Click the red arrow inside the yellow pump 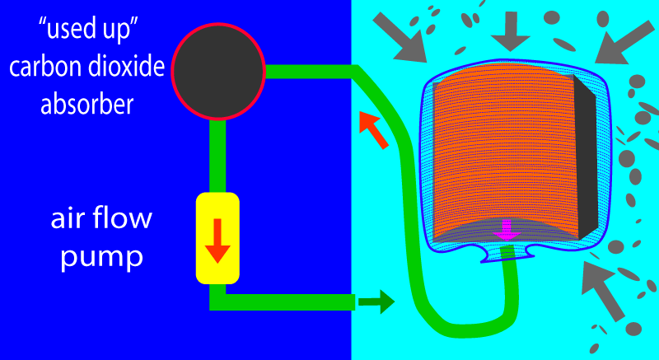(x=217, y=241)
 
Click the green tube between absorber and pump (x=217, y=157)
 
